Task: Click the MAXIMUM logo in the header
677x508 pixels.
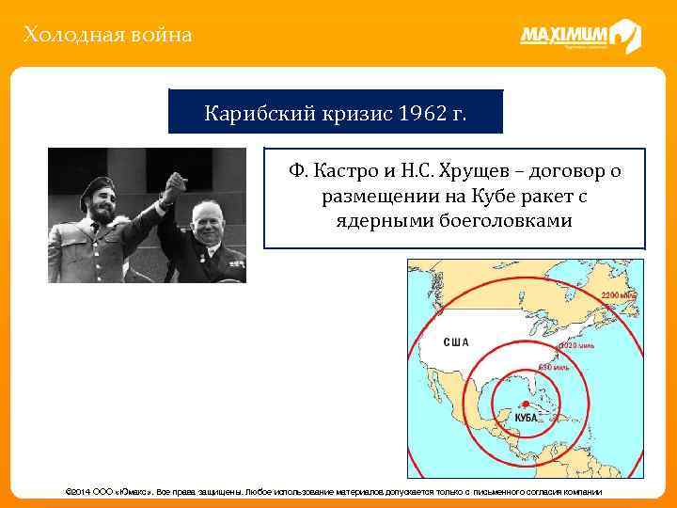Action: [x=579, y=37]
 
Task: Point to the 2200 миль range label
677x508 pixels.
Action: [x=618, y=294]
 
